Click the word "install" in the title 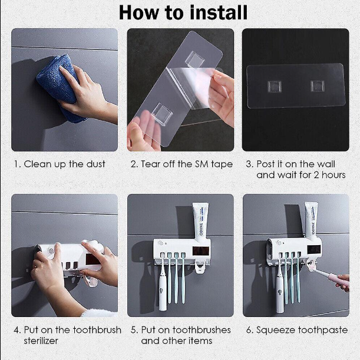[219, 12]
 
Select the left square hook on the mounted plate [275, 87]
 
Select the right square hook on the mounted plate [318, 86]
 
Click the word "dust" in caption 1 [95, 164]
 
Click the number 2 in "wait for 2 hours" [316, 175]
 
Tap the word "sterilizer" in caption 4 [41, 341]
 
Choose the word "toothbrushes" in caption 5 [202, 330]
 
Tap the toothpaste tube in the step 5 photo [200, 222]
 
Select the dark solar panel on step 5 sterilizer [201, 251]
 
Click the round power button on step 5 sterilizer [161, 243]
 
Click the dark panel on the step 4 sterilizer [94, 259]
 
